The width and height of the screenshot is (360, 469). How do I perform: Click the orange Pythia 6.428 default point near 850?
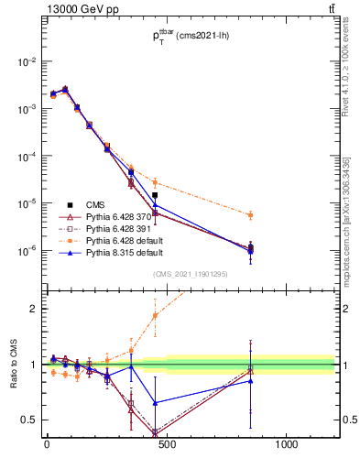pyautogui.click(x=251, y=215)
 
